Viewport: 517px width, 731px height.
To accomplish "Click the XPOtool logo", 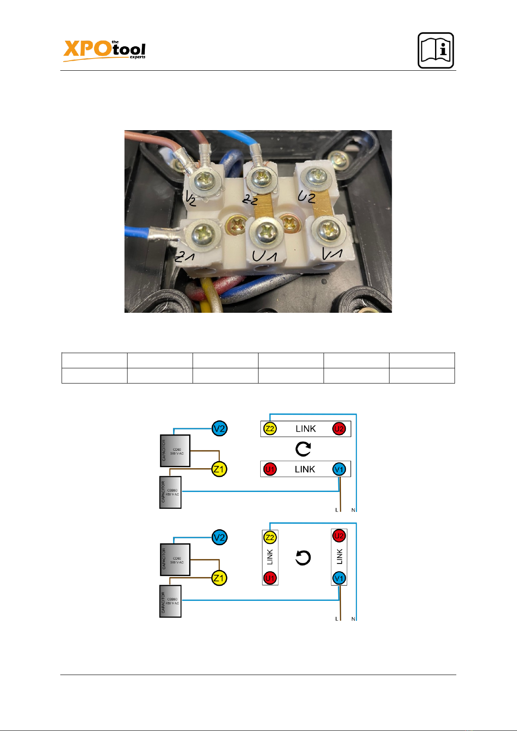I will coord(104,49).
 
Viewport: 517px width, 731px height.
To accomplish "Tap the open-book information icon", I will coord(435,50).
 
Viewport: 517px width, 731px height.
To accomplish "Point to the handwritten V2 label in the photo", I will coord(191,199).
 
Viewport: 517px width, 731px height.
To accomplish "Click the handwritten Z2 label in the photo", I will coord(250,200).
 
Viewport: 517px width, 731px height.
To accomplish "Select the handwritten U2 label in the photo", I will coord(306,197).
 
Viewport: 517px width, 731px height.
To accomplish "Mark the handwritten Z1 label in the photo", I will coord(184,257).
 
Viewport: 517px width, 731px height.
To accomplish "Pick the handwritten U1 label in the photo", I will coord(264,256).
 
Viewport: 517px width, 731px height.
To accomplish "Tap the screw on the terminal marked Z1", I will coord(203,235).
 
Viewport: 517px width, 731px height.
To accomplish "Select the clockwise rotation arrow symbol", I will coord(303,449).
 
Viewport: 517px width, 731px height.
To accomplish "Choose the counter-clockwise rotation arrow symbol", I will coord(303,558).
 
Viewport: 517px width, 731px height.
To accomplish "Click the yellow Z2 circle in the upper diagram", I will coord(270,429).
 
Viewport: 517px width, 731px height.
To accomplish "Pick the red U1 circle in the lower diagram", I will coord(270,578).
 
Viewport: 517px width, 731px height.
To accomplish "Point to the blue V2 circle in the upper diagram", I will coord(219,429).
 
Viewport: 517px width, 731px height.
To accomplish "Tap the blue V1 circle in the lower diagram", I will coord(339,578).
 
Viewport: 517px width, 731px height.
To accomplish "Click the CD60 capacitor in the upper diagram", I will coord(175,451).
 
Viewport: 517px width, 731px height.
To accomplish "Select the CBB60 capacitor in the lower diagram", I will coord(170,601).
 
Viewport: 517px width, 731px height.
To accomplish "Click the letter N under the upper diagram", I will coord(353,510).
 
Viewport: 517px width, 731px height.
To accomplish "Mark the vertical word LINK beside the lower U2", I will coord(339,557).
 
